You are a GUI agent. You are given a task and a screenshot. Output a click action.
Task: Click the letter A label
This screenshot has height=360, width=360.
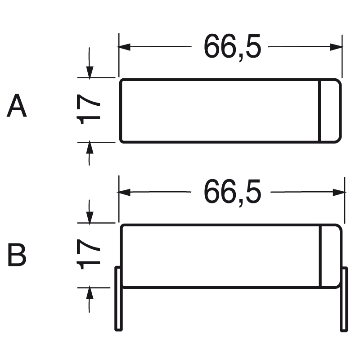click(17, 107)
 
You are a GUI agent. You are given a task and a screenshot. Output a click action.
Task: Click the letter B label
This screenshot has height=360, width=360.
click(17, 255)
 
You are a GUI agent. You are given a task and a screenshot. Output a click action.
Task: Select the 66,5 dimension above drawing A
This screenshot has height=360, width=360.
click(232, 46)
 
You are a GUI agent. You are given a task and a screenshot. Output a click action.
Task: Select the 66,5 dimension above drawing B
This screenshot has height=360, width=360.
click(232, 192)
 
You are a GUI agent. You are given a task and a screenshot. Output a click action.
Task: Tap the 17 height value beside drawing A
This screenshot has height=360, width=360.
click(89, 110)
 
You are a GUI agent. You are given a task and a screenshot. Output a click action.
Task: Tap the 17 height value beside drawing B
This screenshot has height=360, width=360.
click(89, 255)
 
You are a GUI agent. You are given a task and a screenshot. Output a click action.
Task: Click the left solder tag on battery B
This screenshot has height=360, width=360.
click(118, 299)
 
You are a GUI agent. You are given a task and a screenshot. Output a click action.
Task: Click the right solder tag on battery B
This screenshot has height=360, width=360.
click(344, 299)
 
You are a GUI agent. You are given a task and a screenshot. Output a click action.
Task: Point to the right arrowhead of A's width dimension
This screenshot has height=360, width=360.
click(337, 47)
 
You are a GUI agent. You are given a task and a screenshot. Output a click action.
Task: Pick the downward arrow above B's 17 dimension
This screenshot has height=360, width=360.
click(90, 217)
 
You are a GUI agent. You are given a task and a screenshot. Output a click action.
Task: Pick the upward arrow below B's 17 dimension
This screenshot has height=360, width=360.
click(90, 293)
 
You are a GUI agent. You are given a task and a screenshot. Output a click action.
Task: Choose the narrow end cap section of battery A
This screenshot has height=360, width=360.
click(329, 111)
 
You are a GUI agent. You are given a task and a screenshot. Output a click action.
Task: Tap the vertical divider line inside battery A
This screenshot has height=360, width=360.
click(319, 111)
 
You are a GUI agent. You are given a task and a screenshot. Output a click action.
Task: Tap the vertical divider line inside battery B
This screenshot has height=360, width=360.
click(320, 256)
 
